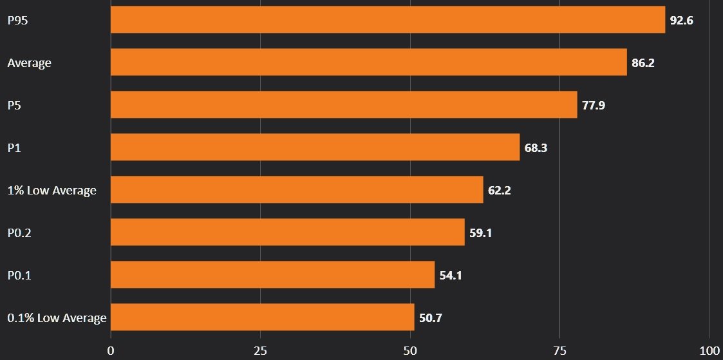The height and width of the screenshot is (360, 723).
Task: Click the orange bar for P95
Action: [x=388, y=19]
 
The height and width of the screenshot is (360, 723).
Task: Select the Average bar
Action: [x=368, y=62]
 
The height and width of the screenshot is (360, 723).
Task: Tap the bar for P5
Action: [x=344, y=104]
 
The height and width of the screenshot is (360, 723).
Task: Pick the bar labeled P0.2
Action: [x=287, y=232]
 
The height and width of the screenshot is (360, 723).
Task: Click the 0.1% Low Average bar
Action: [x=262, y=317]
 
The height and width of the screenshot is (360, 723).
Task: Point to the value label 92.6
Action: [x=681, y=21]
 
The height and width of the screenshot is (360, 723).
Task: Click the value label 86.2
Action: [x=643, y=63]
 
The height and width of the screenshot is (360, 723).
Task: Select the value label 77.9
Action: [x=594, y=106]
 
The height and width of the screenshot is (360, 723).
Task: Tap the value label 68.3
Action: [x=536, y=148]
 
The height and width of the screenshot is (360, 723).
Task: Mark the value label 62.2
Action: [x=499, y=191]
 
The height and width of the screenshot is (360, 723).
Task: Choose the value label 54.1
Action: [x=451, y=276]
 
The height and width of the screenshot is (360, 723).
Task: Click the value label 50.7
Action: [x=430, y=318]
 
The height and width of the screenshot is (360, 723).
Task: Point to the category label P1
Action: [x=14, y=147]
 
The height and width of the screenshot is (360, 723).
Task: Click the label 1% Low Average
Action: [x=52, y=190]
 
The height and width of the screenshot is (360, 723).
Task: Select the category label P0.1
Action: [x=19, y=275]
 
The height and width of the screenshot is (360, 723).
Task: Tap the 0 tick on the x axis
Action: [x=111, y=351]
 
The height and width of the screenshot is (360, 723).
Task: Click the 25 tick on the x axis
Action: [x=260, y=351]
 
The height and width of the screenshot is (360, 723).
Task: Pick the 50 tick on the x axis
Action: [x=410, y=351]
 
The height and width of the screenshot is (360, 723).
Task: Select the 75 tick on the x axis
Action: [x=559, y=351]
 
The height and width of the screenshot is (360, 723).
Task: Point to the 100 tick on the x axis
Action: [x=709, y=351]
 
